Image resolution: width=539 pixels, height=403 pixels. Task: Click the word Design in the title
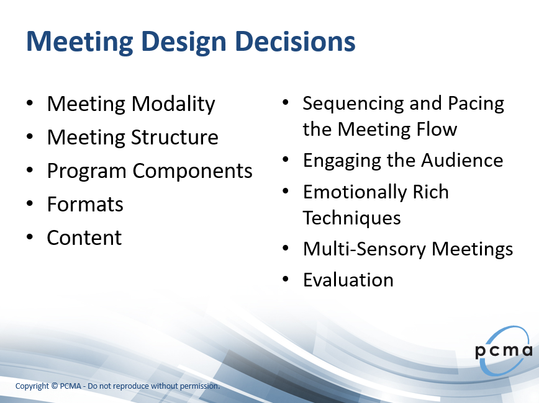[184, 43]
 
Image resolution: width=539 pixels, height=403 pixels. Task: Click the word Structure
[174, 137]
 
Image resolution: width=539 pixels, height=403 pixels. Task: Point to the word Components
[192, 171]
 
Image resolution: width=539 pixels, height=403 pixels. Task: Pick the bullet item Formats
[85, 204]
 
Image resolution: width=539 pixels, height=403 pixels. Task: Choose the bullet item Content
[84, 237]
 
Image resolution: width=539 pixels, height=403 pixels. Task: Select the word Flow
[437, 129]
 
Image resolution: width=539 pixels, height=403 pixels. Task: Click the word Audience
[462, 161]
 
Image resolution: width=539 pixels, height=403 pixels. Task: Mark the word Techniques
[351, 218]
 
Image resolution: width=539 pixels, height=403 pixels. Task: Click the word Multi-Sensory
[365, 249]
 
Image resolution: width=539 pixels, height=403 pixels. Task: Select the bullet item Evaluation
[348, 280]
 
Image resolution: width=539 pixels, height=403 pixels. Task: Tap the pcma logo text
[504, 351]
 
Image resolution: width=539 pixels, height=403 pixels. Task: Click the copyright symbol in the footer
[55, 386]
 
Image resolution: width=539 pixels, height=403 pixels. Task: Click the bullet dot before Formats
[30, 203]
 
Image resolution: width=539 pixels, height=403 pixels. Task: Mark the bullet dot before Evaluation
[285, 279]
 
